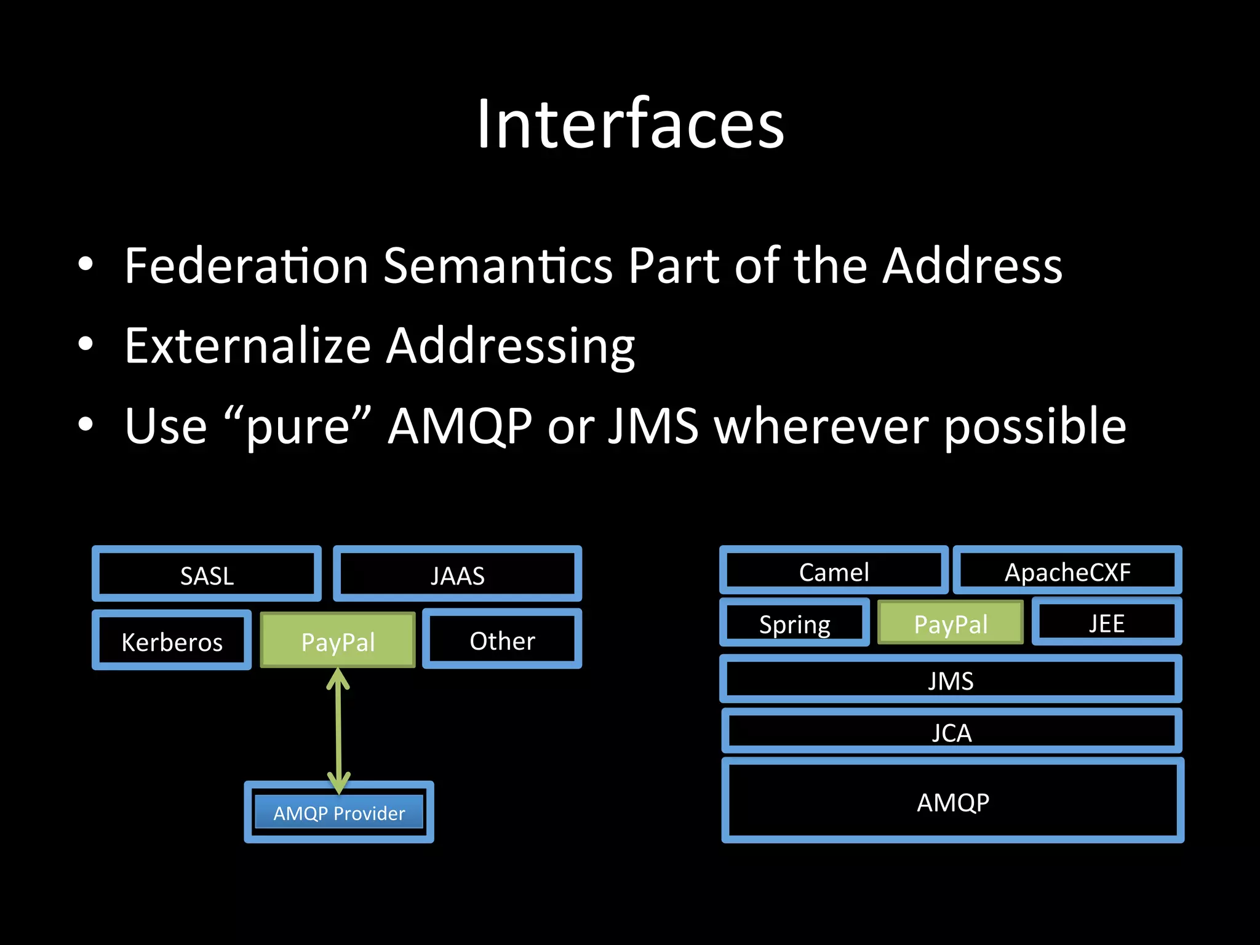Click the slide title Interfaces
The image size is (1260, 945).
tap(630, 124)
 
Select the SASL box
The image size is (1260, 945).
tap(207, 575)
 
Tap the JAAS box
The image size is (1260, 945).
tap(457, 575)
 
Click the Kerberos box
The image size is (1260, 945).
tap(172, 641)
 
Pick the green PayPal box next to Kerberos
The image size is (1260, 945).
tap(338, 641)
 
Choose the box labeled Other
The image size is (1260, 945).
tap(502, 640)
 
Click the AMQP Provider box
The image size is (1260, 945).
tap(339, 813)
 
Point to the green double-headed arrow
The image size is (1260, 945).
tap(338, 732)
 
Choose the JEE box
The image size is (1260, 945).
tap(1106, 623)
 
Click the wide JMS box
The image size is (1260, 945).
tap(951, 680)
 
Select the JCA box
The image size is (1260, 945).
tap(951, 732)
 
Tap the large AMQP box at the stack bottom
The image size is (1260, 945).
tap(952, 802)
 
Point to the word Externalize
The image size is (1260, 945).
tap(247, 346)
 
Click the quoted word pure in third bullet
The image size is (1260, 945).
tap(298, 427)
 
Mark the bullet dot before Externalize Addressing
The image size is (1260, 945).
tap(86, 345)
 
